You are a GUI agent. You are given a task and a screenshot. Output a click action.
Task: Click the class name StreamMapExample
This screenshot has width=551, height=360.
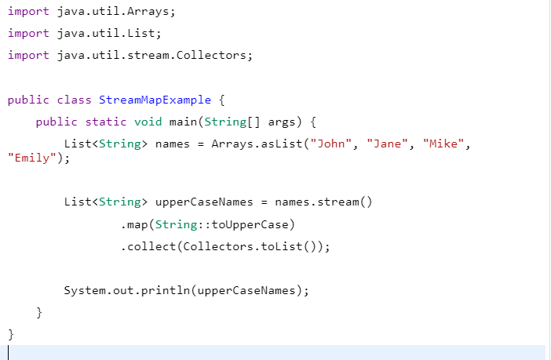(155, 100)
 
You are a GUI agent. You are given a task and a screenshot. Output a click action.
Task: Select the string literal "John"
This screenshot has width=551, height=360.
(330, 144)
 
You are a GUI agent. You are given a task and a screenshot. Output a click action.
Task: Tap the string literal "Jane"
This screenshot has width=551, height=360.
(387, 144)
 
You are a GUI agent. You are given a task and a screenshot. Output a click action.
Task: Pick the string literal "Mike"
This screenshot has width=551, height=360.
(443, 144)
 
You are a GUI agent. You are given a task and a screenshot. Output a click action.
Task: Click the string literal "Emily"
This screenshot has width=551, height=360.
(32, 158)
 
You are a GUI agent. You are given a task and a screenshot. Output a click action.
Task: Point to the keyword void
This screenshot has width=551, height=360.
(148, 122)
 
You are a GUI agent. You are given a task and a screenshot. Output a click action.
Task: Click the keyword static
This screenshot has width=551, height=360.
(106, 122)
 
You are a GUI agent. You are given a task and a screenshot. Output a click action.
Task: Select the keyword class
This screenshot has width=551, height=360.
(74, 100)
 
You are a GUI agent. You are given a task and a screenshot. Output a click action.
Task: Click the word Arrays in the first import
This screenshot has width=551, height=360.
(148, 12)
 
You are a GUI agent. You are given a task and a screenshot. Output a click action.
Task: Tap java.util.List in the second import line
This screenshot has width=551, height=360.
(106, 34)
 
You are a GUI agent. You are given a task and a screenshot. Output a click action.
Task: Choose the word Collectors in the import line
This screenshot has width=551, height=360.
(211, 55)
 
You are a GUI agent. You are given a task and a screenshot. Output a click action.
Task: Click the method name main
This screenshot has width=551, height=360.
(183, 122)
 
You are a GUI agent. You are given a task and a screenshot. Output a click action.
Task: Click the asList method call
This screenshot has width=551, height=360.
(282, 144)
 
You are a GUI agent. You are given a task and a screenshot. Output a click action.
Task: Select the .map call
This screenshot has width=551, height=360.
(134, 224)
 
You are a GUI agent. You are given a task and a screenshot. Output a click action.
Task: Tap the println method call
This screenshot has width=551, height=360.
(166, 291)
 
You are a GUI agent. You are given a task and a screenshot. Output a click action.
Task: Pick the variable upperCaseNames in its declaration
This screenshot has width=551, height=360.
(204, 202)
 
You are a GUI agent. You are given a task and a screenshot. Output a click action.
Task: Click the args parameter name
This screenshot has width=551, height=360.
(282, 122)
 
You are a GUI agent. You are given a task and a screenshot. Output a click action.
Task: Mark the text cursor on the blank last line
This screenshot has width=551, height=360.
(9, 353)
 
